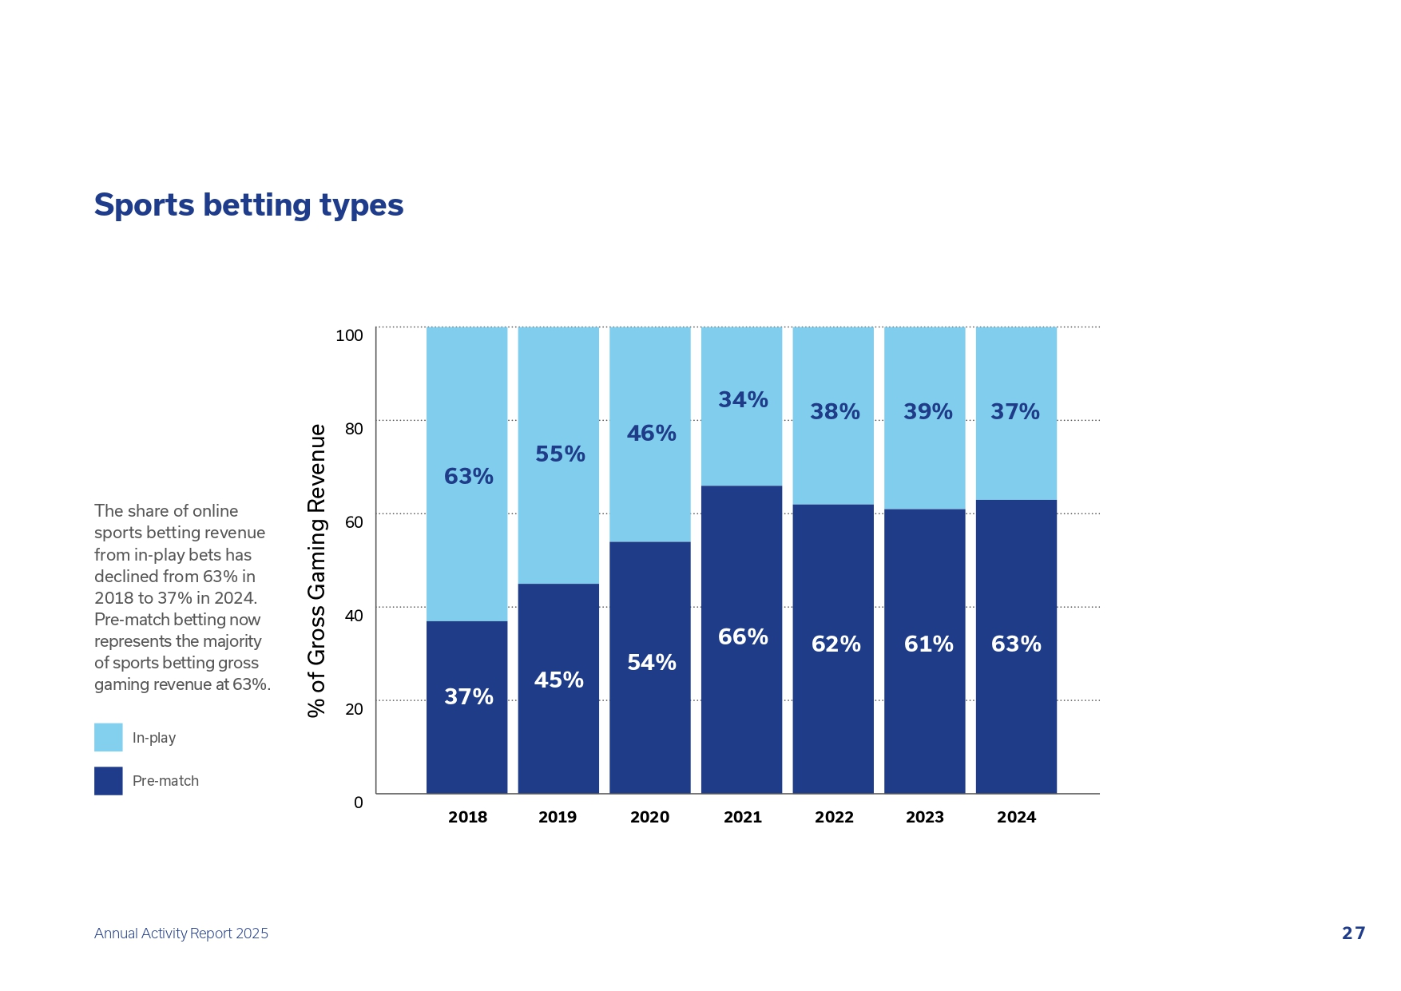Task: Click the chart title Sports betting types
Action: pyautogui.click(x=248, y=205)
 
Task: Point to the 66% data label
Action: pyautogui.click(x=743, y=637)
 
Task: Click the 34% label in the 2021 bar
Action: pyautogui.click(x=743, y=399)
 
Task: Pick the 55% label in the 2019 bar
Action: pyautogui.click(x=560, y=454)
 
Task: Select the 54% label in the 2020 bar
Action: pyautogui.click(x=651, y=663)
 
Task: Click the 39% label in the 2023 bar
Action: pyautogui.click(x=927, y=412)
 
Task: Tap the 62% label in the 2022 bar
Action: pyautogui.click(x=835, y=644)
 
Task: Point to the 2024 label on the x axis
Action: pyautogui.click(x=1016, y=817)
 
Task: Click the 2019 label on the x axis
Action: pyautogui.click(x=558, y=817)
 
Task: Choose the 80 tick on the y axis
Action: pyautogui.click(x=354, y=429)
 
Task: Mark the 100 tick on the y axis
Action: pyautogui.click(x=349, y=335)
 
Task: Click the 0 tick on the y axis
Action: pyautogui.click(x=359, y=803)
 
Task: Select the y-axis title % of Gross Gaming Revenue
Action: pyautogui.click(x=317, y=570)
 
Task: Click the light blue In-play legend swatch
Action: pyautogui.click(x=109, y=737)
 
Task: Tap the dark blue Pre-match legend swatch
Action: pyautogui.click(x=109, y=781)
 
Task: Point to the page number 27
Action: pyautogui.click(x=1353, y=934)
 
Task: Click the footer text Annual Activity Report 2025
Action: pyautogui.click(x=181, y=934)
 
